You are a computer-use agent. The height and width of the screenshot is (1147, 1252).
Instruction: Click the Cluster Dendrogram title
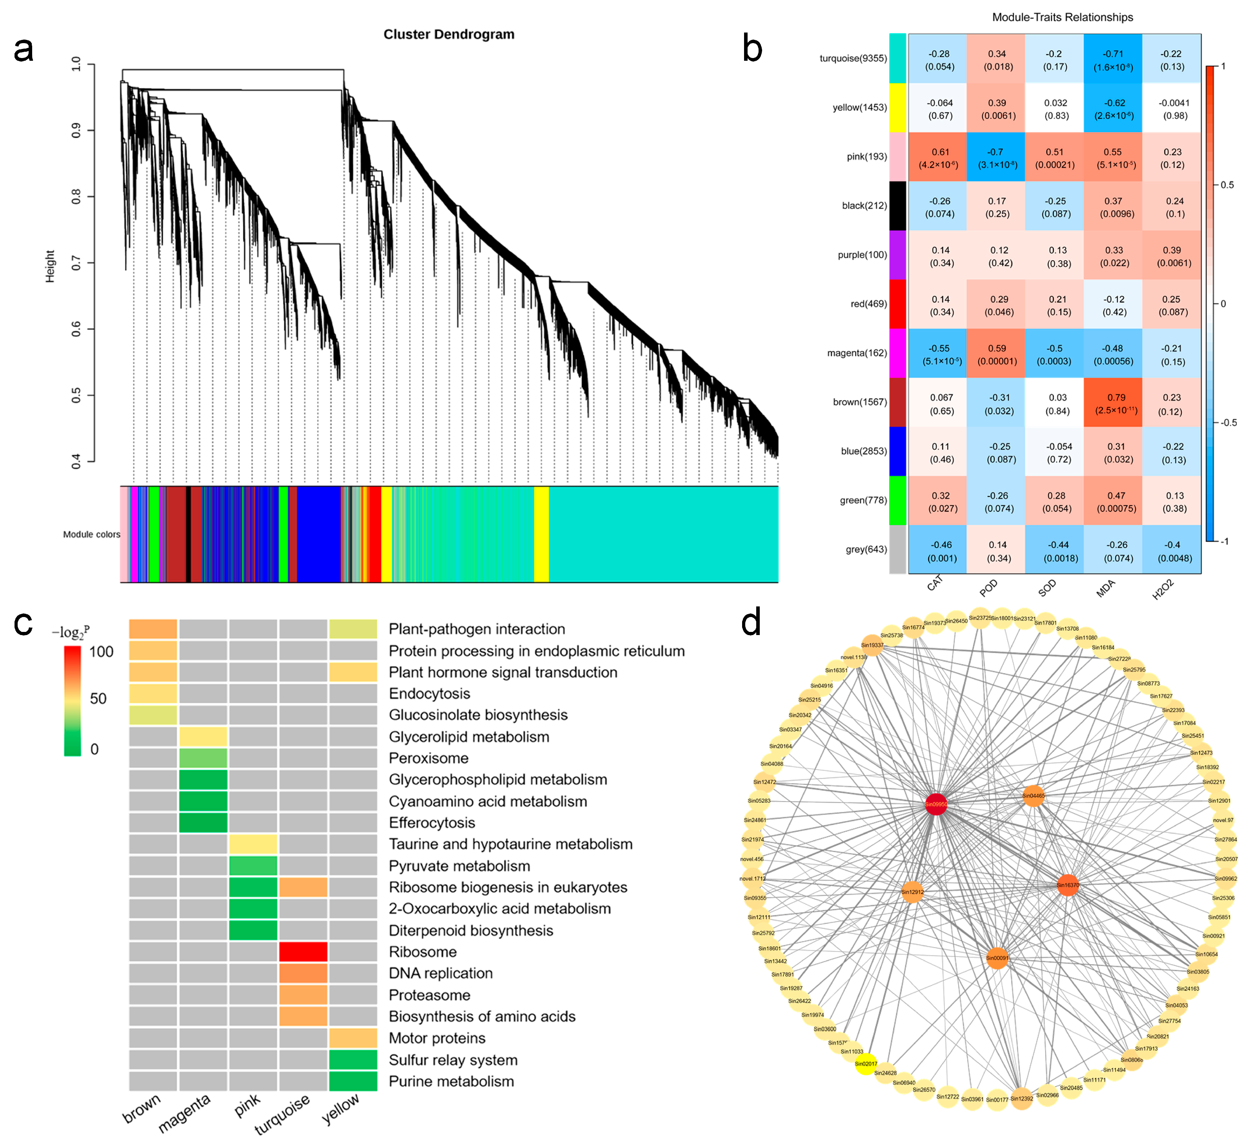pyautogui.click(x=448, y=34)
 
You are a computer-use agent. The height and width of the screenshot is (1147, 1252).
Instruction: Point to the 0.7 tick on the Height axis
pyautogui.click(x=76, y=263)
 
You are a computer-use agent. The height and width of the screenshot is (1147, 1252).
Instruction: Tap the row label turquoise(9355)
pyautogui.click(x=853, y=58)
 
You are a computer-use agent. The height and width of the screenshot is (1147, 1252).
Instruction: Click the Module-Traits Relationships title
pyautogui.click(x=1062, y=17)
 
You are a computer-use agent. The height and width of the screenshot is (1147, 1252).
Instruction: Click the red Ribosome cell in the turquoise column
pyautogui.click(x=303, y=951)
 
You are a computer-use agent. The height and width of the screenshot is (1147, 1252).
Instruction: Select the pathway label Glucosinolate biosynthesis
pyautogui.click(x=478, y=715)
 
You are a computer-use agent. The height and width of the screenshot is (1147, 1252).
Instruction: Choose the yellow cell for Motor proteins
pyautogui.click(x=353, y=1038)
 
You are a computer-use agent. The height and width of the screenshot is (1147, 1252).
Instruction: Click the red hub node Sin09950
pyautogui.click(x=936, y=804)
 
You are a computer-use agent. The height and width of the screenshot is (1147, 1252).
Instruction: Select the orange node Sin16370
pyautogui.click(x=1068, y=885)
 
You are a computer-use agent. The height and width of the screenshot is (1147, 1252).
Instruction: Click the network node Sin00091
pyautogui.click(x=997, y=958)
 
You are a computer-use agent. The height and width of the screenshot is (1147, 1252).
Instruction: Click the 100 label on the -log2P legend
pyautogui.click(x=101, y=652)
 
